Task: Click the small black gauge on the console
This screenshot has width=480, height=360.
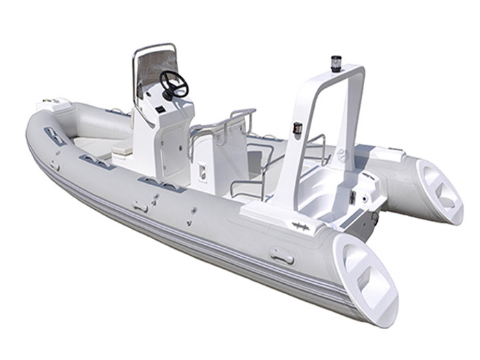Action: click(158, 110)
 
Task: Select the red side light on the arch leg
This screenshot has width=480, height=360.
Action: click(298, 128)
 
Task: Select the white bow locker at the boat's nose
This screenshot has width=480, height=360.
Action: click(56, 104)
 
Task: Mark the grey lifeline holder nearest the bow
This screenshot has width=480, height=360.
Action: click(55, 135)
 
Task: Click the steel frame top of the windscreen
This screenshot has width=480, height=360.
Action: click(154, 47)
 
